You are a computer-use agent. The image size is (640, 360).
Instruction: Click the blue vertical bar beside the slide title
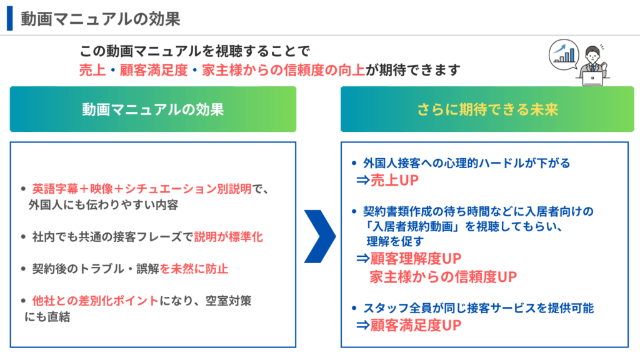[10, 18]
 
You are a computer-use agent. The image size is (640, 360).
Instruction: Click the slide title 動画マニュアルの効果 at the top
[101, 19]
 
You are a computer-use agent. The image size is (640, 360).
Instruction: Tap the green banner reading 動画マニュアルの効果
[153, 109]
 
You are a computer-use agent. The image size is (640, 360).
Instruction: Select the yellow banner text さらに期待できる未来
[487, 109]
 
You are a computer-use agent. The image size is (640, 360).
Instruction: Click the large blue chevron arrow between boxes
[321, 236]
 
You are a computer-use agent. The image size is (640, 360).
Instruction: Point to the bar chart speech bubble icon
[564, 55]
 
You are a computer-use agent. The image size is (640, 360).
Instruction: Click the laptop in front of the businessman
[592, 78]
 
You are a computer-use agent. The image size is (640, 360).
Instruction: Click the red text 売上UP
[394, 180]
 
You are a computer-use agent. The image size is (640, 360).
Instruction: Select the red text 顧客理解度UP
[416, 258]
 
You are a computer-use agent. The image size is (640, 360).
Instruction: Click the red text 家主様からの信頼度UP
[443, 277]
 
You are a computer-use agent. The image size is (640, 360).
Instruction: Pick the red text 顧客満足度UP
[416, 325]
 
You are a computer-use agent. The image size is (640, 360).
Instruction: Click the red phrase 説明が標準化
[229, 237]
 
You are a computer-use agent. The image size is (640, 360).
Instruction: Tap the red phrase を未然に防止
[194, 269]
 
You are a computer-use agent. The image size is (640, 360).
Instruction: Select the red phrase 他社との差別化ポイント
[96, 301]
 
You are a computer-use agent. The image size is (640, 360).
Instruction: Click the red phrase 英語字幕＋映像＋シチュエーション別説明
[142, 189]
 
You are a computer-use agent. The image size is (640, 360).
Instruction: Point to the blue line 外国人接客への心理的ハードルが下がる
[466, 163]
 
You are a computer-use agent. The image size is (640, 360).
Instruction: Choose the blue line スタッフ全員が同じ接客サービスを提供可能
[478, 308]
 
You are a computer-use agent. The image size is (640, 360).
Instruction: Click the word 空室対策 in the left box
[229, 301]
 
